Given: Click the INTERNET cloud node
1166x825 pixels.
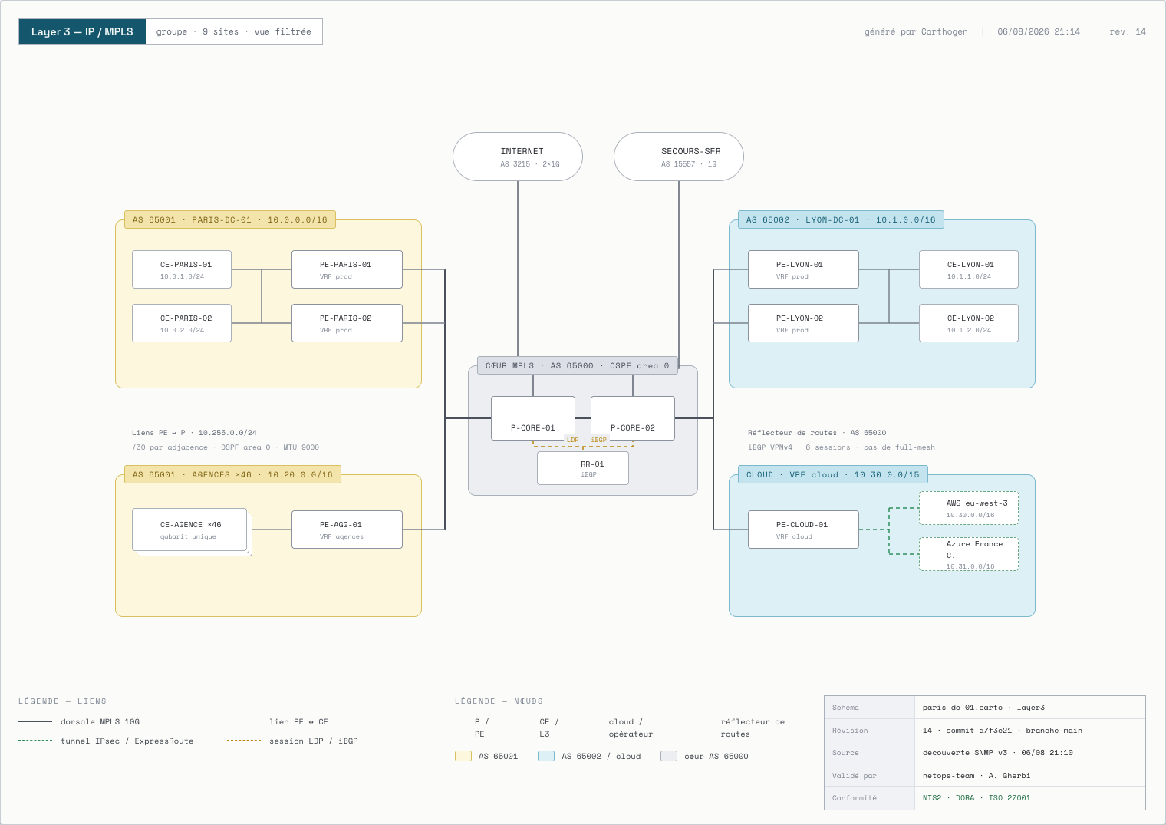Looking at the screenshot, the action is (517, 157).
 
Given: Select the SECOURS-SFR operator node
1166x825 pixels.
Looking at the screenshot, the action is (678, 157).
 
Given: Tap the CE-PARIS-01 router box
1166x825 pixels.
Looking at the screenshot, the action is (182, 269).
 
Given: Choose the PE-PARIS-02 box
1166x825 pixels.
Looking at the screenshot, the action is (347, 323).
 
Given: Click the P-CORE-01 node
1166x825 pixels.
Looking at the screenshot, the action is (533, 418).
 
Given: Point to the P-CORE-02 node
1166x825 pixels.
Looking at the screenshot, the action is (632, 418).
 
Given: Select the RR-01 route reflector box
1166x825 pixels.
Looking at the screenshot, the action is (583, 468).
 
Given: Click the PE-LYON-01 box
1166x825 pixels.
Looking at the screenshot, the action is (803, 269).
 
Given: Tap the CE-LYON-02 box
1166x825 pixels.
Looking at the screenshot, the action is (969, 323).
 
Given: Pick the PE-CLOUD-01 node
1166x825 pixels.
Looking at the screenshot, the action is (803, 530).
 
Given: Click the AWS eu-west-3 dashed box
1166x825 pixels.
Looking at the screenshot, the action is (969, 508).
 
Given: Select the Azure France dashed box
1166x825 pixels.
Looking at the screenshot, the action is (969, 554).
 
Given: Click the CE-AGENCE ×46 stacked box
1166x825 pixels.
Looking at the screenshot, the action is (190, 530).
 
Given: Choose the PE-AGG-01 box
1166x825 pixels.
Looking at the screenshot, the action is (347, 530).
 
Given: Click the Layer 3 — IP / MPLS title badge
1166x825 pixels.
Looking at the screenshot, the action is (82, 31).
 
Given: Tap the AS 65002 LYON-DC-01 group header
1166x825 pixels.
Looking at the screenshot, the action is (841, 219).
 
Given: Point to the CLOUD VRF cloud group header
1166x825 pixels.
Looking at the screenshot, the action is (833, 474).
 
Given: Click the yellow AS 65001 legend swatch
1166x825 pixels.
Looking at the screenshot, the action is (463, 756).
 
